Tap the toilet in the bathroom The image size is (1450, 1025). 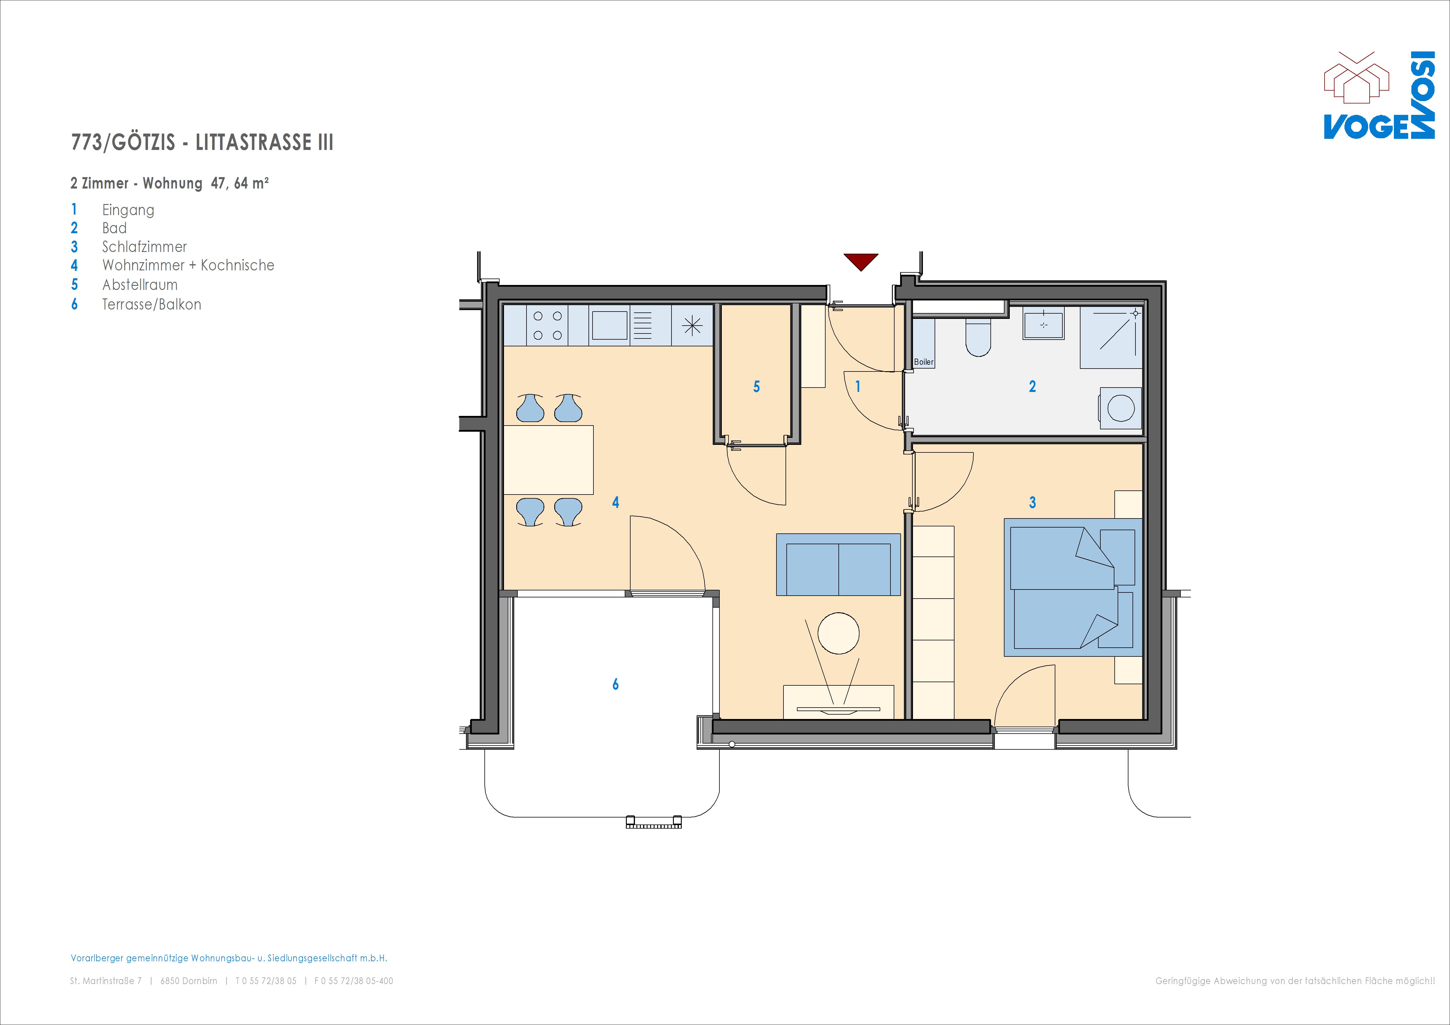(x=978, y=338)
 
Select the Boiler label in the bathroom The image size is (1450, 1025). (x=923, y=362)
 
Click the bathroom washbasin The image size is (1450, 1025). (x=1043, y=324)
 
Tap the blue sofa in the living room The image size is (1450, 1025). (x=838, y=565)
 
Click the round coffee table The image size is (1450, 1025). (x=838, y=633)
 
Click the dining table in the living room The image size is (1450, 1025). (x=548, y=460)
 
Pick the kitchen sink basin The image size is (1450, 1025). (x=610, y=325)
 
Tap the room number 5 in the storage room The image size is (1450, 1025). (x=757, y=386)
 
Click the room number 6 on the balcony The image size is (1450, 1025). (x=616, y=684)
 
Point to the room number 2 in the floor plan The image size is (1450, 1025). (x=1033, y=386)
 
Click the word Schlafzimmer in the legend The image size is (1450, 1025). (x=145, y=247)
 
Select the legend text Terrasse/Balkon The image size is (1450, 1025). (x=151, y=305)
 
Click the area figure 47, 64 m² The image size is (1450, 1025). (x=240, y=183)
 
